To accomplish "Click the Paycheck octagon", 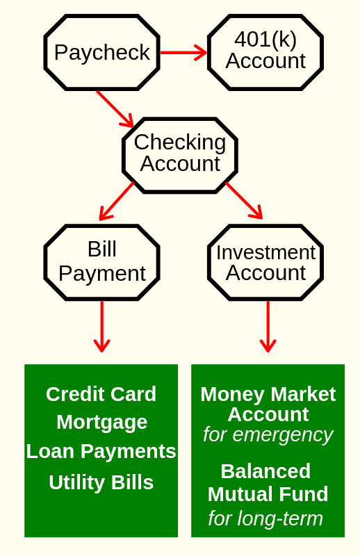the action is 101,53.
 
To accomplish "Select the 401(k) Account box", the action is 265,53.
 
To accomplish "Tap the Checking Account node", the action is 180,155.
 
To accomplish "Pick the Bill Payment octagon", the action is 101,263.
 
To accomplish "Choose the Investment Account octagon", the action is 265,263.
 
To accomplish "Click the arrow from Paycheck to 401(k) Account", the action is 183,53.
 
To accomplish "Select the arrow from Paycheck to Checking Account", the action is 115,109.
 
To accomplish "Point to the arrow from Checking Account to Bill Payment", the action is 117,201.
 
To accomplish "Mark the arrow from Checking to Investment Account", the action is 244,201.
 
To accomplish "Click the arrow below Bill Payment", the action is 101,327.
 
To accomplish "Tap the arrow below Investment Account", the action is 268,327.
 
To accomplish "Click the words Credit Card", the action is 101,394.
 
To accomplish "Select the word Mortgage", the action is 101,423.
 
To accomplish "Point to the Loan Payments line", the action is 101,451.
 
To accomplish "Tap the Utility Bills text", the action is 101,482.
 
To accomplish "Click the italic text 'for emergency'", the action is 268,435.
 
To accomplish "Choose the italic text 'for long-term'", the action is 265,518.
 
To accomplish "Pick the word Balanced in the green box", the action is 265,471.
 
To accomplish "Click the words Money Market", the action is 268,394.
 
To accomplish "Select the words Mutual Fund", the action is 268,494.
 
